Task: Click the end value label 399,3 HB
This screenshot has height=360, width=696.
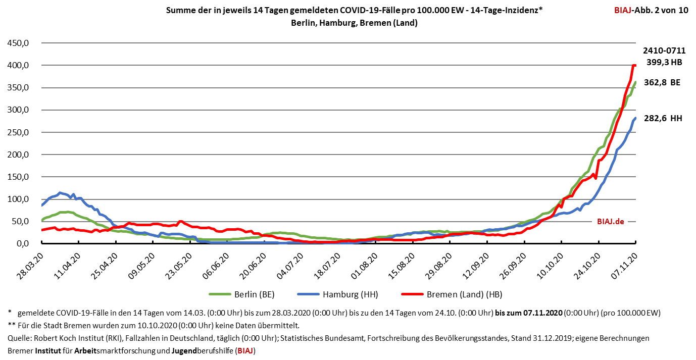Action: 664,63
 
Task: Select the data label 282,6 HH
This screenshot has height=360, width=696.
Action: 664,118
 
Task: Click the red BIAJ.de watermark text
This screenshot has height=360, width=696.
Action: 611,221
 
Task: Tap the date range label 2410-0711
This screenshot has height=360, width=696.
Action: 664,50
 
